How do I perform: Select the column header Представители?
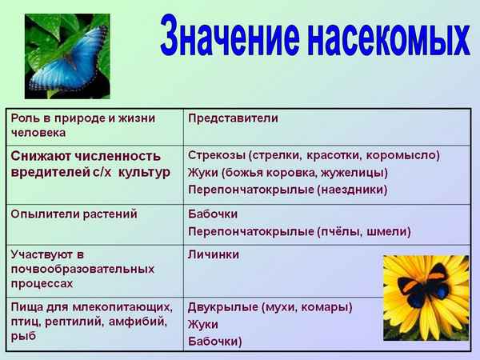[x=233, y=118]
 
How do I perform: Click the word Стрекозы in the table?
[x=215, y=154]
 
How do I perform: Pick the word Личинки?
[x=214, y=254]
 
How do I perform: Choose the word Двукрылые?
[x=221, y=306]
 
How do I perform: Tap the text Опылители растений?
[x=74, y=214]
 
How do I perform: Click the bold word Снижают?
[x=42, y=154]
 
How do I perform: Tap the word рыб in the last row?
[x=22, y=336]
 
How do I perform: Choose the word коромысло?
[x=404, y=154]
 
